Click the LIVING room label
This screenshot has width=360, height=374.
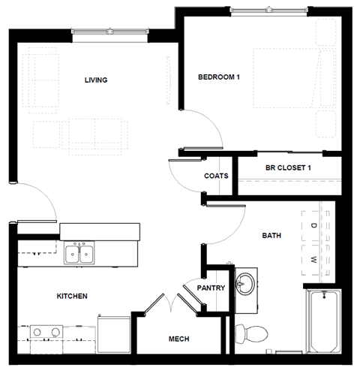point(96,80)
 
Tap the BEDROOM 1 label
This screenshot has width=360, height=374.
point(218,77)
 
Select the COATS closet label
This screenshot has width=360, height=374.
point(216,176)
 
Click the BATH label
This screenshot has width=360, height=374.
point(271,235)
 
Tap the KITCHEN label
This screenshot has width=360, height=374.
point(72,296)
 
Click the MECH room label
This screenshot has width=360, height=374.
point(178,339)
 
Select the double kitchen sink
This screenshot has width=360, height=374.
point(79,254)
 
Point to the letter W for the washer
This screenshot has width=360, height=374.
point(314,261)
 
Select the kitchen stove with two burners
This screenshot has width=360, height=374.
point(46,333)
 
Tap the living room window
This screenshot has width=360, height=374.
point(112,31)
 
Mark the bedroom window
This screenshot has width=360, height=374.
point(268,11)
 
